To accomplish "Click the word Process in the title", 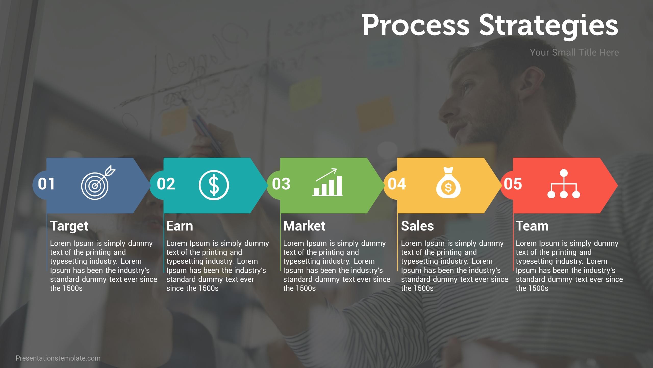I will click(x=416, y=26).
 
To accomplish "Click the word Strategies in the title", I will click(x=548, y=26).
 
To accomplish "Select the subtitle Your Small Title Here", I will click(x=574, y=52).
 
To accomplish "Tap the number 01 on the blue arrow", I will click(x=46, y=184).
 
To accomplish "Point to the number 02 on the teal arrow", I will click(x=166, y=184).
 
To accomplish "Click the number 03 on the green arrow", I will click(x=281, y=184).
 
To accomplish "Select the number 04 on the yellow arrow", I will click(x=397, y=184).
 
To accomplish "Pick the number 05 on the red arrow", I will click(x=513, y=184).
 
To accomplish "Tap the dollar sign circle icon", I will click(x=214, y=185).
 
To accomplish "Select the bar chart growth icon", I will click(x=328, y=182).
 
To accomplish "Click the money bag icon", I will click(x=448, y=183).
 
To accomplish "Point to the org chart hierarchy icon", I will click(x=564, y=184).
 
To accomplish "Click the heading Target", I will click(x=69, y=226).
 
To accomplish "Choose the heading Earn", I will click(x=180, y=226).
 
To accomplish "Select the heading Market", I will click(x=304, y=226).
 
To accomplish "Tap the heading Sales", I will click(x=417, y=226).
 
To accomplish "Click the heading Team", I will click(x=532, y=226).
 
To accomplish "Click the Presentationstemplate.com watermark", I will click(x=58, y=358).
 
